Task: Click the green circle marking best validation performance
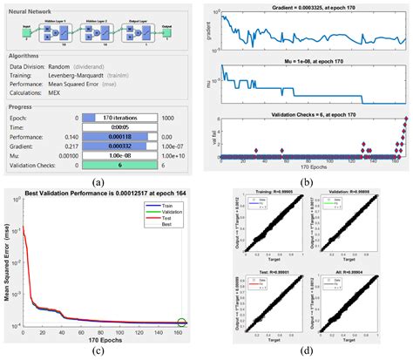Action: pyautogui.click(x=180, y=322)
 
